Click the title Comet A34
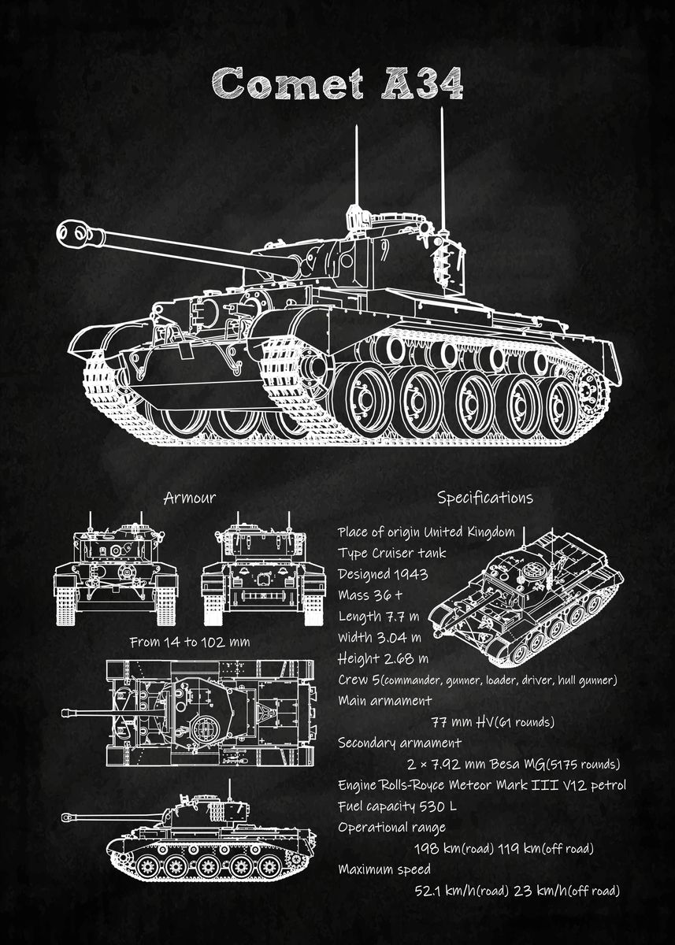337,82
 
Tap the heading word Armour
189,498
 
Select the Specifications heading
484,498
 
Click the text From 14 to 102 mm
190,642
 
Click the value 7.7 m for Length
403,616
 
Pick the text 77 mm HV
458,722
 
